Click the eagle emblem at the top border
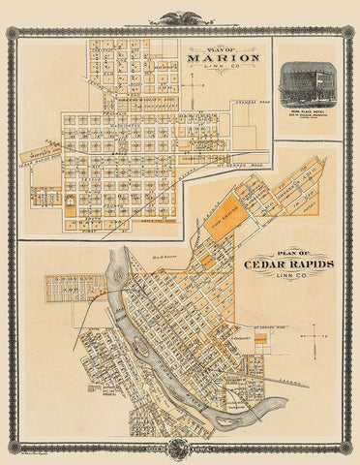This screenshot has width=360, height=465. [180, 16]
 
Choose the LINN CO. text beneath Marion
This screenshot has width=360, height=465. [225, 69]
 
